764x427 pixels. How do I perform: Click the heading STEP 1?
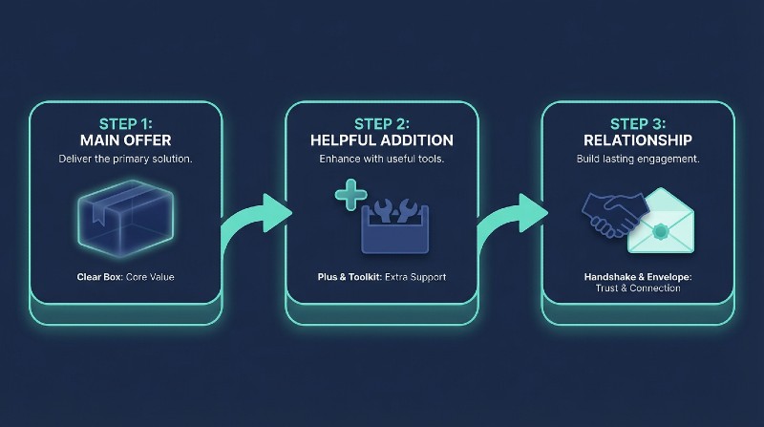[126, 123]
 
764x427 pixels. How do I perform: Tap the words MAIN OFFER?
[126, 139]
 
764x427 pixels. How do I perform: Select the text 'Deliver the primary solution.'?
[126, 159]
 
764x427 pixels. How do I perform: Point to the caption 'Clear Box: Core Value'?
[126, 277]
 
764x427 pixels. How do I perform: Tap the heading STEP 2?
[381, 123]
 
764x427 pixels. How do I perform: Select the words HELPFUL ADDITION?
[381, 139]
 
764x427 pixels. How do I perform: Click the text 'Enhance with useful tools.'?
[381, 159]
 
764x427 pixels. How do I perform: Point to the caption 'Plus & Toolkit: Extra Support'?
[381, 277]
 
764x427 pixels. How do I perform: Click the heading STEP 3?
[637, 123]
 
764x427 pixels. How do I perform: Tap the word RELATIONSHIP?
[637, 139]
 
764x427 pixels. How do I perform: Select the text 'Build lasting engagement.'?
[637, 159]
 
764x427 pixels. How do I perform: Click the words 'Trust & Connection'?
[637, 288]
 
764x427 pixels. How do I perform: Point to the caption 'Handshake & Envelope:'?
[637, 276]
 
